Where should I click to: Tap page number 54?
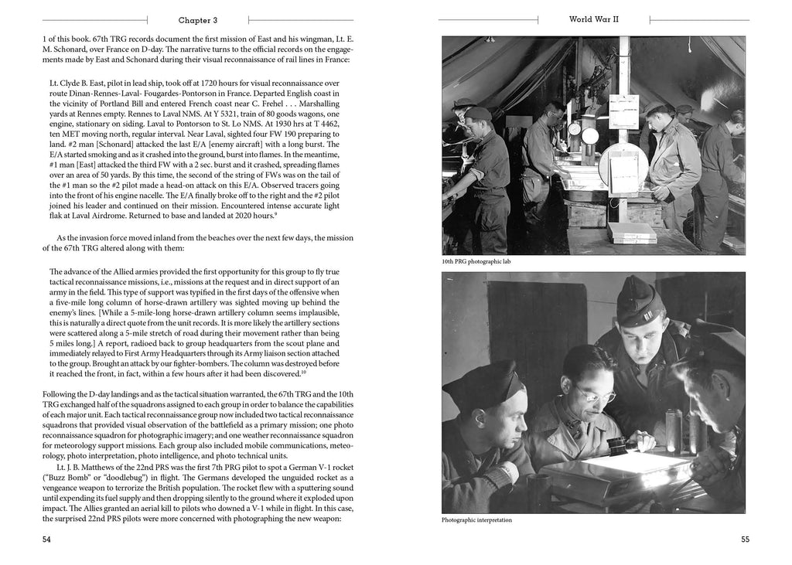(47, 539)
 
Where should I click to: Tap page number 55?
(743, 539)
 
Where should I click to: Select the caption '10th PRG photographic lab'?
(476, 262)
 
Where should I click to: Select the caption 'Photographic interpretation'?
(476, 520)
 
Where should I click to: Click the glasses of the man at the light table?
(591, 396)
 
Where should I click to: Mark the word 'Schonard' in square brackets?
(108, 145)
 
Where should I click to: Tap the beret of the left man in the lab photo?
(476, 114)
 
